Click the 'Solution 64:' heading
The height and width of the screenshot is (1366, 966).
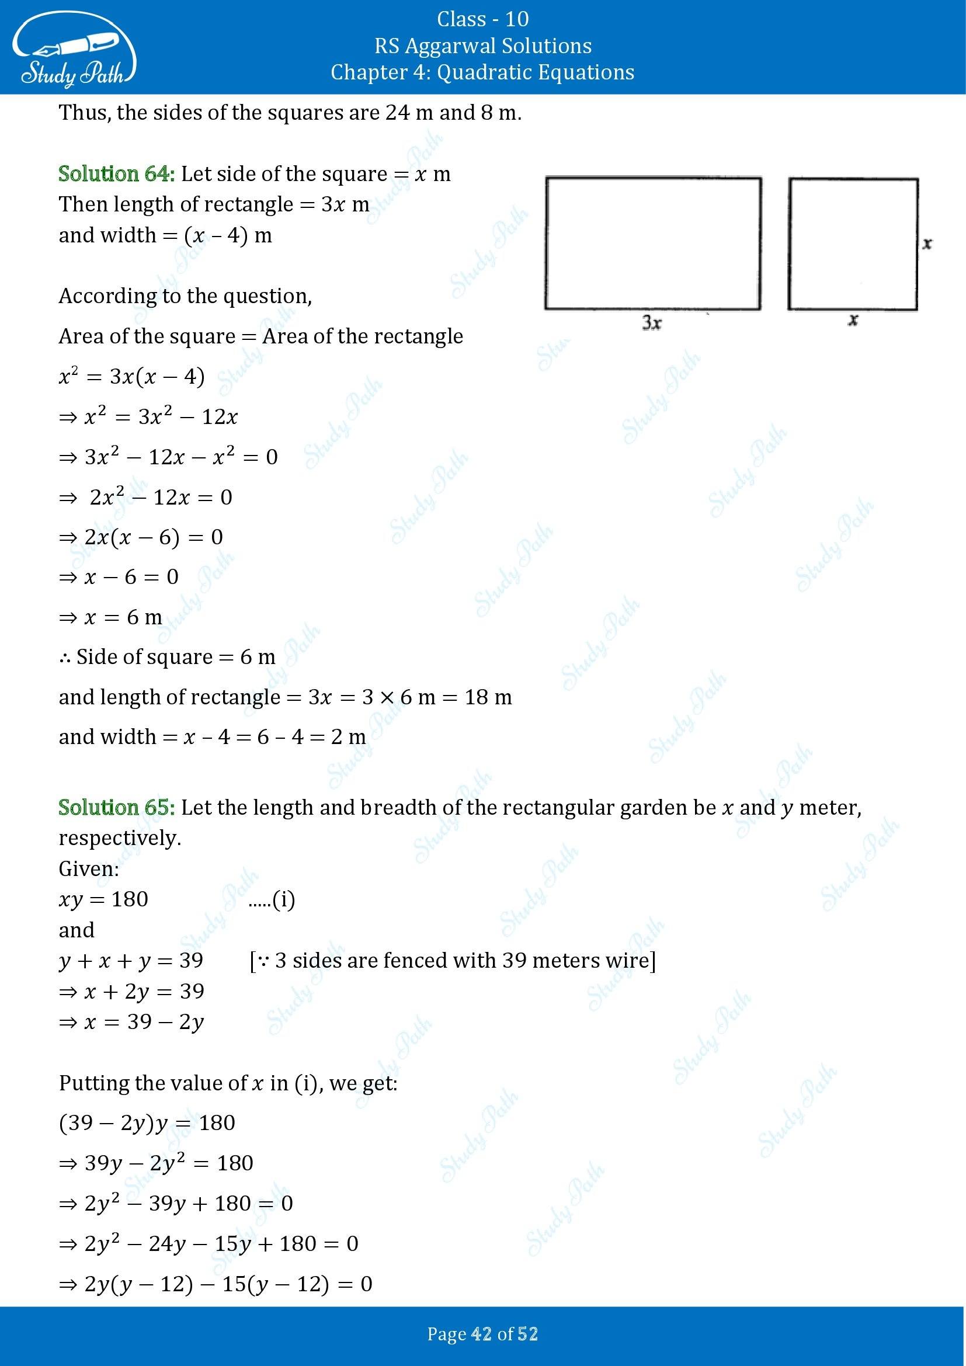pyautogui.click(x=117, y=174)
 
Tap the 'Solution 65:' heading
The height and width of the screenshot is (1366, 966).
pyautogui.click(x=117, y=807)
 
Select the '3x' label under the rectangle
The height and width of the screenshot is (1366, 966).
pyautogui.click(x=652, y=323)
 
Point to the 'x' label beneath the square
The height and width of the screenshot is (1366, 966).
pyautogui.click(x=853, y=320)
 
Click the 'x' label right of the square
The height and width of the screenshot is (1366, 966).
pyautogui.click(x=927, y=244)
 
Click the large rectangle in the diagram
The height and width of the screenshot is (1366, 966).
pyautogui.click(x=652, y=244)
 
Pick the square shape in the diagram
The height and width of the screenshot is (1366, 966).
pyautogui.click(x=853, y=244)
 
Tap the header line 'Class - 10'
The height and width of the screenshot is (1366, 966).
pyautogui.click(x=482, y=19)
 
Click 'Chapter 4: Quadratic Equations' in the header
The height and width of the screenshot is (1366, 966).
pyautogui.click(x=482, y=72)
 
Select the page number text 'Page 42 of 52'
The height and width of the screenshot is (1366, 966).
pyautogui.click(x=482, y=1334)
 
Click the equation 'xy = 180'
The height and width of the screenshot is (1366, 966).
pyautogui.click(x=103, y=899)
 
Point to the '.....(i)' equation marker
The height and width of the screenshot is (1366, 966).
pyautogui.click(x=271, y=899)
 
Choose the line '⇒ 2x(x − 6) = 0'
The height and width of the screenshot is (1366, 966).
pyautogui.click(x=141, y=537)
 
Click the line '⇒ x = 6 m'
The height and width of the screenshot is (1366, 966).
pyautogui.click(x=110, y=617)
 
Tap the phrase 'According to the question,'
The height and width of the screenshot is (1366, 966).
pyautogui.click(x=185, y=296)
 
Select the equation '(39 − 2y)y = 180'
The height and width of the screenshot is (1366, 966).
pyautogui.click(x=147, y=1122)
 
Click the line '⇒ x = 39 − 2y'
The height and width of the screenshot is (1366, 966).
pyautogui.click(x=131, y=1022)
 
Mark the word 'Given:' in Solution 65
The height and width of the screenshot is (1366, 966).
pyautogui.click(x=89, y=868)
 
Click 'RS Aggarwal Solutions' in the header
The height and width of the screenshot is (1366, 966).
pyautogui.click(x=482, y=46)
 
